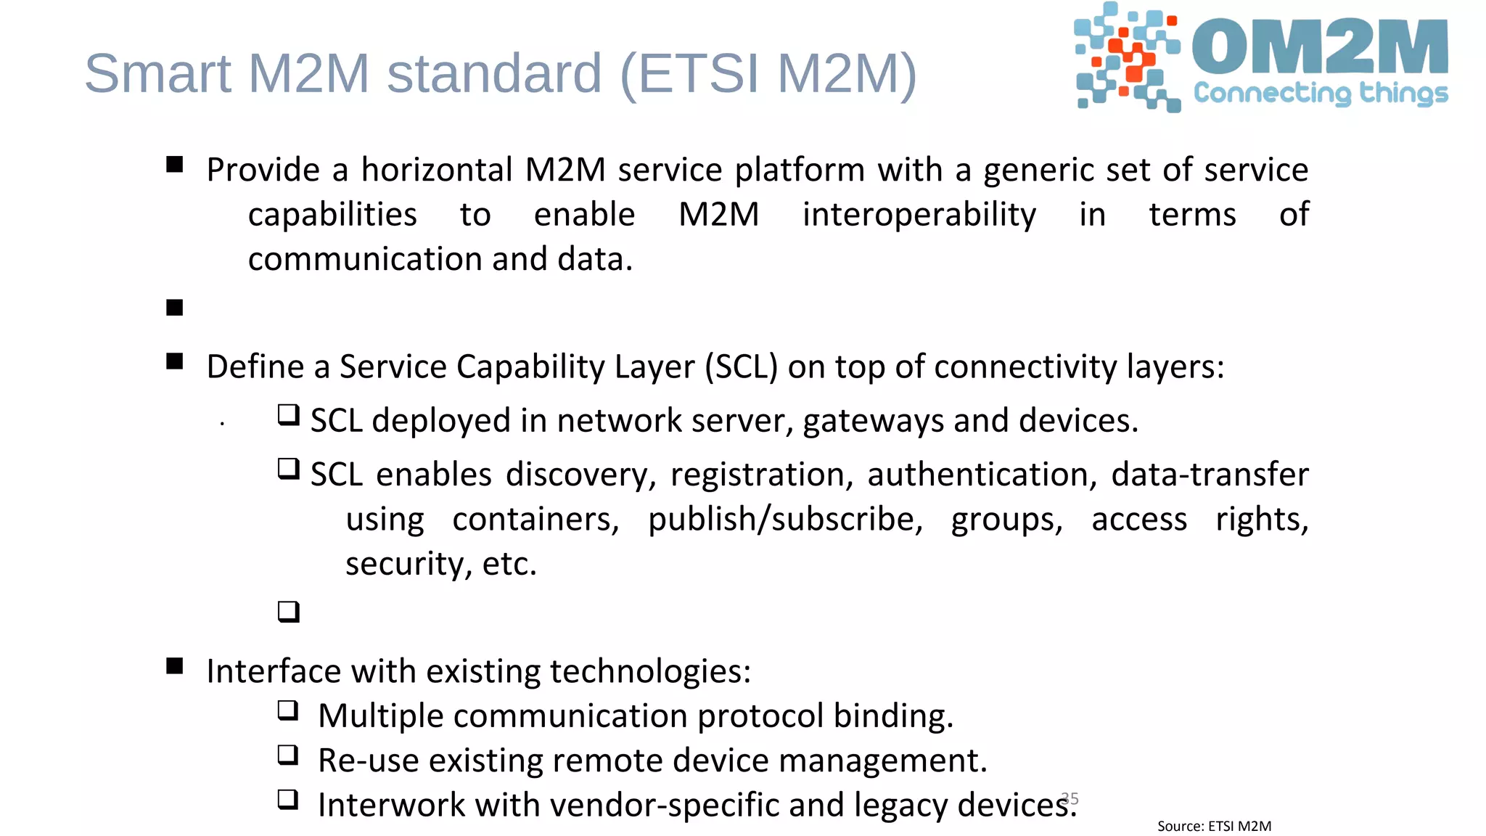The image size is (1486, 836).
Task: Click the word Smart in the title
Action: (x=157, y=73)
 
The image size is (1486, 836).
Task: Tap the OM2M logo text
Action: (x=1320, y=47)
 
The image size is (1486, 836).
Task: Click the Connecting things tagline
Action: (x=1321, y=93)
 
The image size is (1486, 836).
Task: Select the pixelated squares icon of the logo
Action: (x=1127, y=57)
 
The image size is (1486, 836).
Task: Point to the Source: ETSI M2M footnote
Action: (x=1214, y=826)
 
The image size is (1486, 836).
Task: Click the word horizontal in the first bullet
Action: (x=437, y=170)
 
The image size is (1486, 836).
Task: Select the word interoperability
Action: (x=919, y=215)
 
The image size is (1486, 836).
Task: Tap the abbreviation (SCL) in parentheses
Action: (x=742, y=366)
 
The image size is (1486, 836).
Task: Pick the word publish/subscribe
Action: (x=785, y=520)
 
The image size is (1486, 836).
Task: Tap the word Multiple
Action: (x=381, y=716)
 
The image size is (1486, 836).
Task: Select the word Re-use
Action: (x=368, y=761)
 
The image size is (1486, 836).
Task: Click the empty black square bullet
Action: (x=174, y=308)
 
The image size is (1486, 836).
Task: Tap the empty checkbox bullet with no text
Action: (x=288, y=612)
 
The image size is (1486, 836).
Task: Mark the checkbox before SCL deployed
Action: (x=288, y=416)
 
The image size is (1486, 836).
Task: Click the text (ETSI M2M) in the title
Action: (x=768, y=73)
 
